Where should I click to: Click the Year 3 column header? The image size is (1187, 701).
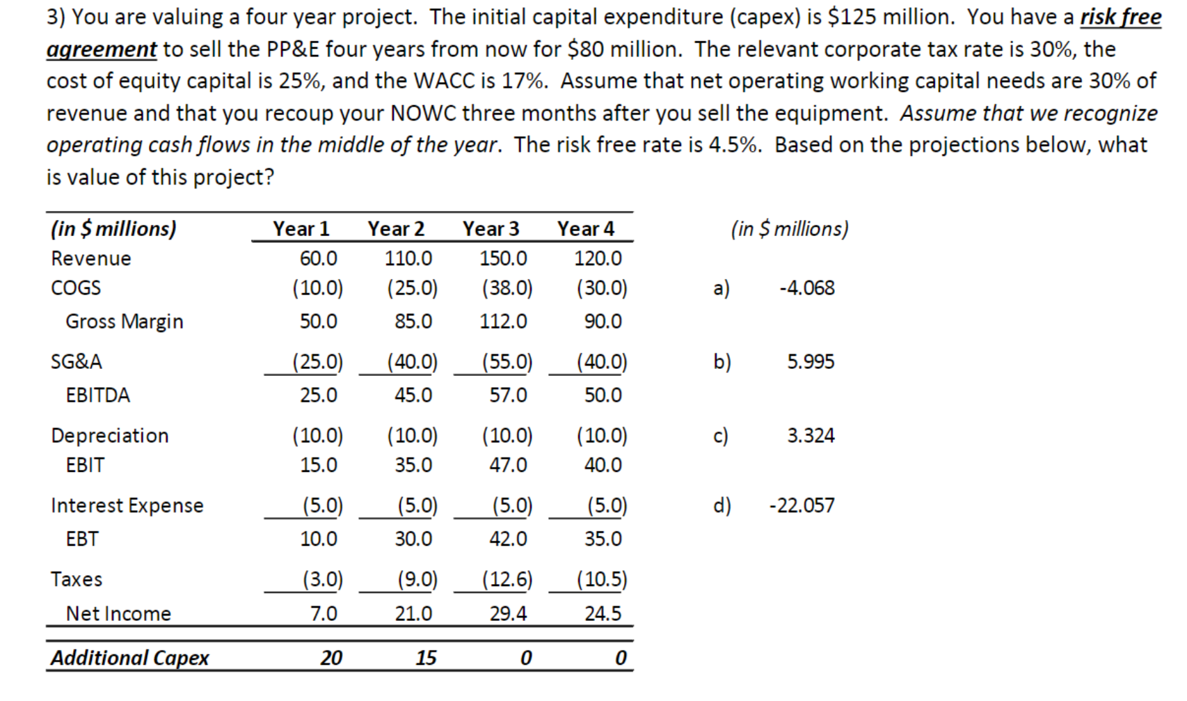(491, 228)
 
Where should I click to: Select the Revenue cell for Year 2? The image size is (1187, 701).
(408, 258)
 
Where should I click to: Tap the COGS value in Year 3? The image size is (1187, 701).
(507, 288)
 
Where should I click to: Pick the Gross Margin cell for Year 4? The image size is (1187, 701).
(603, 322)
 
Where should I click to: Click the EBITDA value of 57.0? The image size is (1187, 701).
(508, 395)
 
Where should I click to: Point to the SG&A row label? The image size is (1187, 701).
(77, 362)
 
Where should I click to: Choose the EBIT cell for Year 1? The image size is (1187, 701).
(319, 465)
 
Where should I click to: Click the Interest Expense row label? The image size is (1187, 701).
(127, 505)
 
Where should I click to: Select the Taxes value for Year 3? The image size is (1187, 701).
(507, 579)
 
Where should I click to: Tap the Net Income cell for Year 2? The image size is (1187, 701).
(413, 614)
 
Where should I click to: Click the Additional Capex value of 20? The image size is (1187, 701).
(331, 658)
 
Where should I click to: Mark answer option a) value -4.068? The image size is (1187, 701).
(806, 288)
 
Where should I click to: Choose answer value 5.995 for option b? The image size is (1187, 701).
(811, 362)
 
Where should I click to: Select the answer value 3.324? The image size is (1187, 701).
(811, 436)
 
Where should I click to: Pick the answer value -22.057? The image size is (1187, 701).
(802, 505)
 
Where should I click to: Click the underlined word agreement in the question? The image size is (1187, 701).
(102, 49)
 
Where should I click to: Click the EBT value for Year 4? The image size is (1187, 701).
(603, 539)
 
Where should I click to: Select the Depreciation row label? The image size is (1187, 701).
(110, 436)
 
